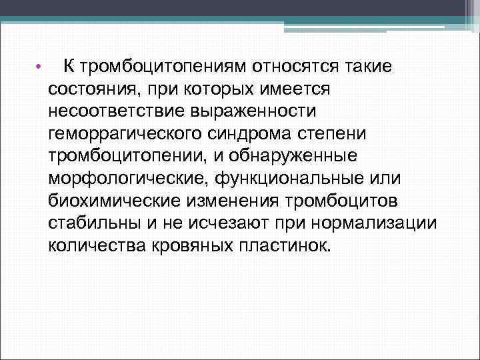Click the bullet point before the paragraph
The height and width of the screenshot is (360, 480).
click(39, 67)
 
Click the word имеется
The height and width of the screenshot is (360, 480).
click(302, 89)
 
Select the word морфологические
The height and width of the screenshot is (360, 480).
click(126, 178)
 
